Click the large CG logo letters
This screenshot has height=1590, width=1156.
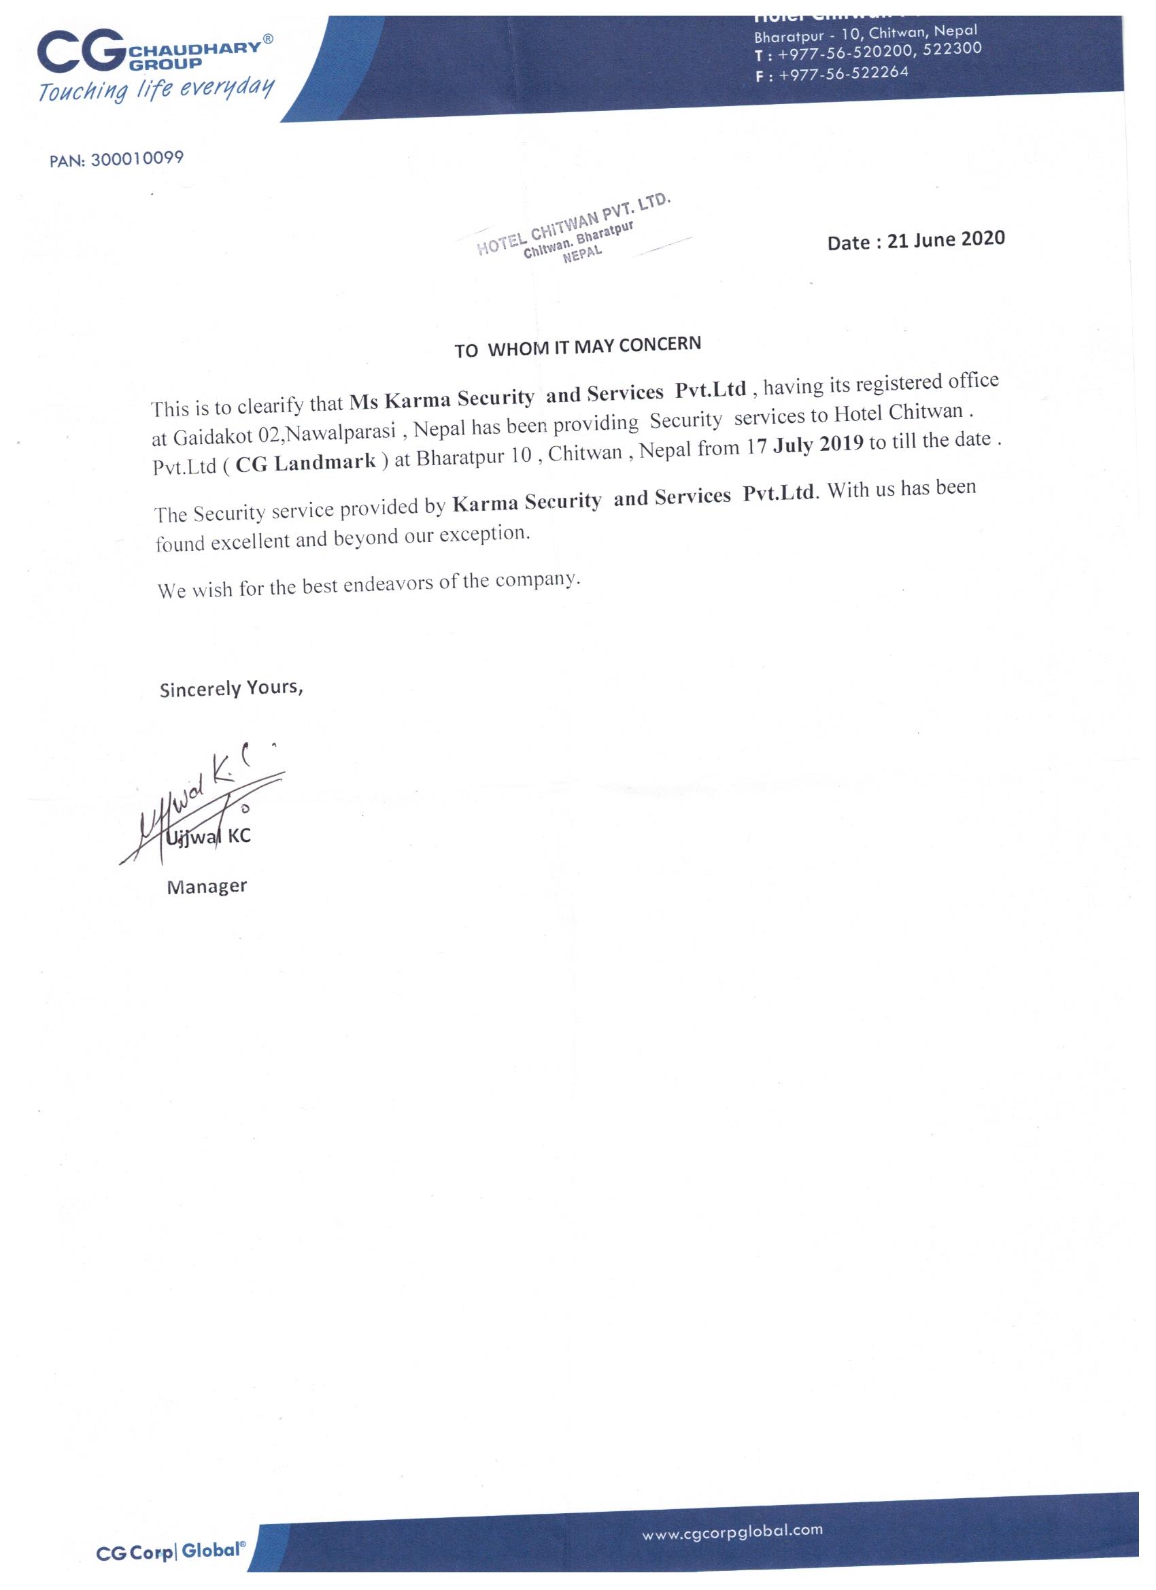point(81,55)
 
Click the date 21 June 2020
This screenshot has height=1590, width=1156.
point(946,240)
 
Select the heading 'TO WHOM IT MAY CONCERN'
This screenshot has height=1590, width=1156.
point(577,346)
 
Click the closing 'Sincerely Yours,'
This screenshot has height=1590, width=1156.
point(231,688)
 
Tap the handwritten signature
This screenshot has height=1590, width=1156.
point(203,810)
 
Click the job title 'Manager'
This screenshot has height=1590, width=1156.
point(207,887)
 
